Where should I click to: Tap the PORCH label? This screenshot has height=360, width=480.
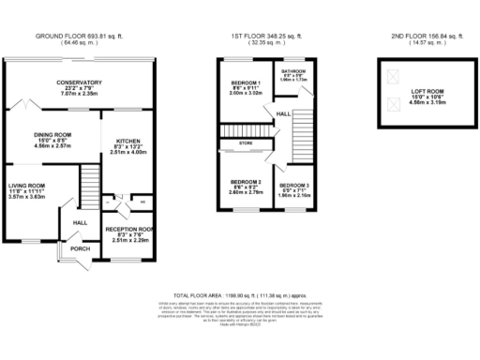(80, 248)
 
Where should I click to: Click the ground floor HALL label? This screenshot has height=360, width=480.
(80, 222)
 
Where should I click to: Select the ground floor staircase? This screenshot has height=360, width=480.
(89, 178)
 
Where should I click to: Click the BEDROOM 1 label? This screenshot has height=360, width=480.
(243, 87)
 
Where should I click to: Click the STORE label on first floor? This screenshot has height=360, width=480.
(246, 143)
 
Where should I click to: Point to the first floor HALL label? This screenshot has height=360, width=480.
(281, 114)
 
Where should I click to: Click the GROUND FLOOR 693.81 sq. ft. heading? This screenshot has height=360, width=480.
(79, 36)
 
